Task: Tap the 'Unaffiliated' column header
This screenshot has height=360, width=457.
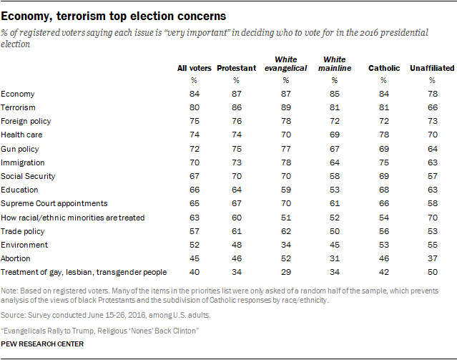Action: (431, 68)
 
